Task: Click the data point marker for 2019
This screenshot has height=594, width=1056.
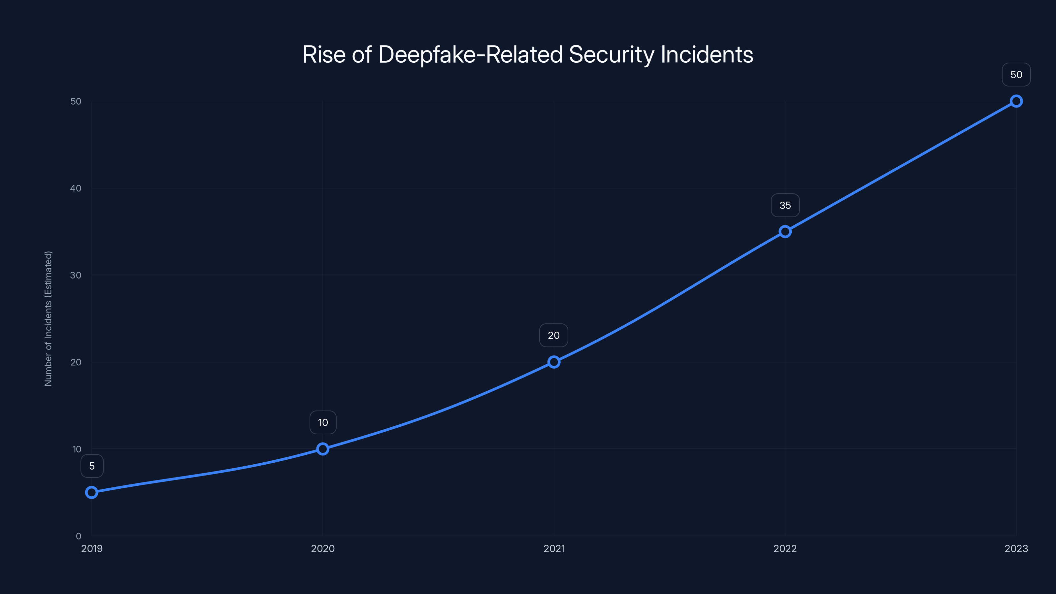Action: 91,492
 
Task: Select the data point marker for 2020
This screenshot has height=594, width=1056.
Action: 323,449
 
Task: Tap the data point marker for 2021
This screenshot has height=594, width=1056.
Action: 554,362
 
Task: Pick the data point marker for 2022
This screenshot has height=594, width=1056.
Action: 785,232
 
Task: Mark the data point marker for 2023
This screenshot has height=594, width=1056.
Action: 1016,101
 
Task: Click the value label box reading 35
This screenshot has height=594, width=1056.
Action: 785,205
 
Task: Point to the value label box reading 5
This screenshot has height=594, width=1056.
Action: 92,466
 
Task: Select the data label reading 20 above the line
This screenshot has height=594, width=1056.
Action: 553,335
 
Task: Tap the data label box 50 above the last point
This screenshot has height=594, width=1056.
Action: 1016,75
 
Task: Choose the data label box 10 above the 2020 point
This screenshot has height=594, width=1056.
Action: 323,423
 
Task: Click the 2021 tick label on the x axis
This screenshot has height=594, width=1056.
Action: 554,548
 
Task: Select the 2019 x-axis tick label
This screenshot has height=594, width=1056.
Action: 92,548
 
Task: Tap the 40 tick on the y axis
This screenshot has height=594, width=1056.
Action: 76,188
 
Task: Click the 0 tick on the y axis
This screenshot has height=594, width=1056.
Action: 78,536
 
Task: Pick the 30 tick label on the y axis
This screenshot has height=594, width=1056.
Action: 76,275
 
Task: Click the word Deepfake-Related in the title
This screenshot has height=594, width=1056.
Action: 470,55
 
